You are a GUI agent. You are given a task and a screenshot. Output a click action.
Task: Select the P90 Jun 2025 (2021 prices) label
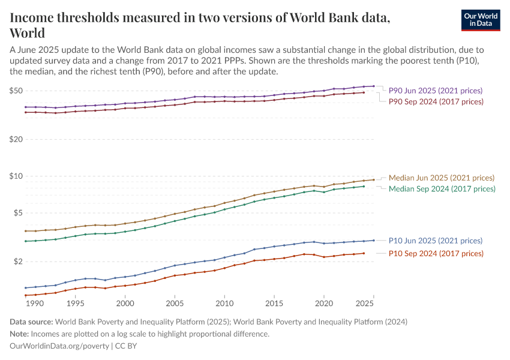[x=435, y=91]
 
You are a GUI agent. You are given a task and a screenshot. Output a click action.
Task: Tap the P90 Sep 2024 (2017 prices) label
[x=435, y=101]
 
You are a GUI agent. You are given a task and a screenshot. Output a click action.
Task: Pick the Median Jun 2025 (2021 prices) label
[x=442, y=178]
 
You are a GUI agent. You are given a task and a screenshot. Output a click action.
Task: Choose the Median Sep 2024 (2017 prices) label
[x=442, y=188]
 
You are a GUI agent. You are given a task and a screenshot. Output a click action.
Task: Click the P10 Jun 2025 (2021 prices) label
[x=435, y=241]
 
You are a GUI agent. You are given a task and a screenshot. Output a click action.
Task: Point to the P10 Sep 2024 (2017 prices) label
[x=435, y=253]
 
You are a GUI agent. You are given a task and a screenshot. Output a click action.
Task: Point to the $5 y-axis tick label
[x=18, y=213]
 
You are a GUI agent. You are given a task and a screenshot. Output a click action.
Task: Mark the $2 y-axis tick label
[x=18, y=262]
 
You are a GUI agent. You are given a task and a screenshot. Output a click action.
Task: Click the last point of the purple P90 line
[x=374, y=86]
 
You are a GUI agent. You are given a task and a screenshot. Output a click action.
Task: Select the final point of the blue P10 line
[x=374, y=240]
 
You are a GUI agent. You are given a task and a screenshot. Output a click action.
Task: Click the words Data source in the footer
[x=32, y=322]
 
